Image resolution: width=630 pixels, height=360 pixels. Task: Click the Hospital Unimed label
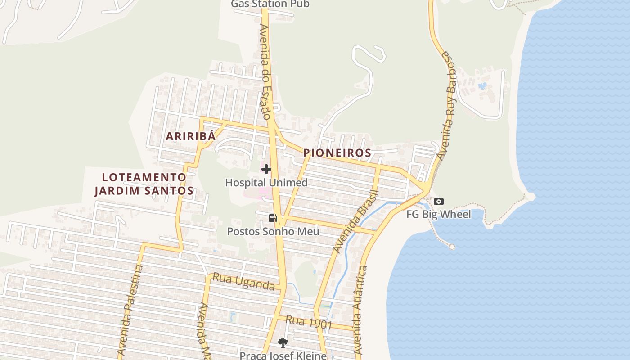[266, 183]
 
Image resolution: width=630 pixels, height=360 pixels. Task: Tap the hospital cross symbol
[266, 169]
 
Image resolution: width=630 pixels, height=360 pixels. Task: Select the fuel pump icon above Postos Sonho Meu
[273, 218]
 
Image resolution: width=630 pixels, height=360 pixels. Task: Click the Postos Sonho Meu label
[273, 231]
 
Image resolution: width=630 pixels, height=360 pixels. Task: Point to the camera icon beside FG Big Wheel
[439, 201]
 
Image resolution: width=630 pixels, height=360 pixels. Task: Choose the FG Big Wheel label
[439, 214]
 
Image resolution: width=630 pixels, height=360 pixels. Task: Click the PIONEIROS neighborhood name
[337, 153]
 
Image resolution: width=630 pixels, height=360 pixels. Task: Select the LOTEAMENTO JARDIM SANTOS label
[144, 184]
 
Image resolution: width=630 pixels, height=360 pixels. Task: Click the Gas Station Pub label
[270, 4]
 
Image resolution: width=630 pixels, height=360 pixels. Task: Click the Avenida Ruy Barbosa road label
[448, 106]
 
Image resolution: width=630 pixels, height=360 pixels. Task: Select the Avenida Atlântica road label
[361, 310]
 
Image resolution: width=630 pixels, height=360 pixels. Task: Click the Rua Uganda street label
[243, 282]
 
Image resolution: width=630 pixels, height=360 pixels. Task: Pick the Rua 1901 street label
[309, 322]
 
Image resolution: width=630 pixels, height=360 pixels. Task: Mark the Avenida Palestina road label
[130, 310]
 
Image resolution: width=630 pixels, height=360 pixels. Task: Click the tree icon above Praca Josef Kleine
[283, 343]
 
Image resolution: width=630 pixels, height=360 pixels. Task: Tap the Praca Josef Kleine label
[283, 355]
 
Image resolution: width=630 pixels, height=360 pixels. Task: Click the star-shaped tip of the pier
[452, 247]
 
